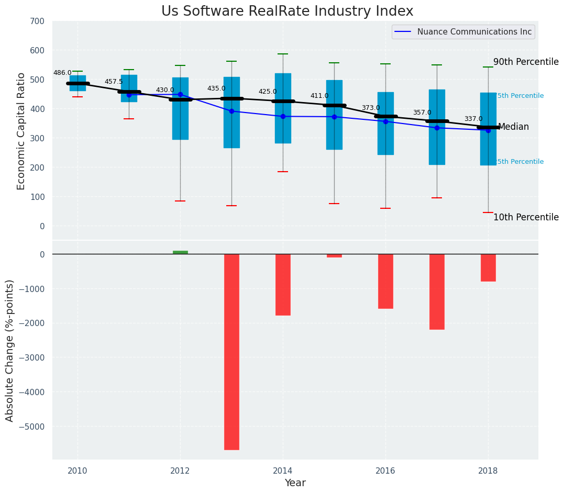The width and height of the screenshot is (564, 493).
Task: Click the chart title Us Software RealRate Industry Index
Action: click(287, 12)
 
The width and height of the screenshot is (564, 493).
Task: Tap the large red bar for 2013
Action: click(231, 352)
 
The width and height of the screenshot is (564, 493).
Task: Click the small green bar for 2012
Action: click(180, 252)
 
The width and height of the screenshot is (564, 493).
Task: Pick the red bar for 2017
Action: click(437, 292)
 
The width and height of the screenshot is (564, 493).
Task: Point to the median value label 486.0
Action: click(62, 73)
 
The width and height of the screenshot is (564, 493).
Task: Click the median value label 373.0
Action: click(371, 108)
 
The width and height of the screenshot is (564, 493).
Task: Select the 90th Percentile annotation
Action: click(526, 62)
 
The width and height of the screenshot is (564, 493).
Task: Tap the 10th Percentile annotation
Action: click(526, 217)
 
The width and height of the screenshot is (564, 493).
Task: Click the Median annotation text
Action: click(513, 127)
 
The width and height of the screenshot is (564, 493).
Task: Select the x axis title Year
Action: click(295, 483)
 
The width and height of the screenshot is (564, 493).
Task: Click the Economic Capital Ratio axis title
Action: click(21, 131)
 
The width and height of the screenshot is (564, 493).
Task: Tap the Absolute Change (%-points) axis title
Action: click(10, 350)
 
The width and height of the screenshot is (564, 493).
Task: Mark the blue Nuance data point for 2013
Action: click(231, 111)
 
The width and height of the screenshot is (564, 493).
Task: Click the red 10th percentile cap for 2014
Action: click(283, 172)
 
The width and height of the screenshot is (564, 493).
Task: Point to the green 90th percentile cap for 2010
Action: click(78, 71)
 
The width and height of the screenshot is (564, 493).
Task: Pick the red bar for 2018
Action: click(488, 267)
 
